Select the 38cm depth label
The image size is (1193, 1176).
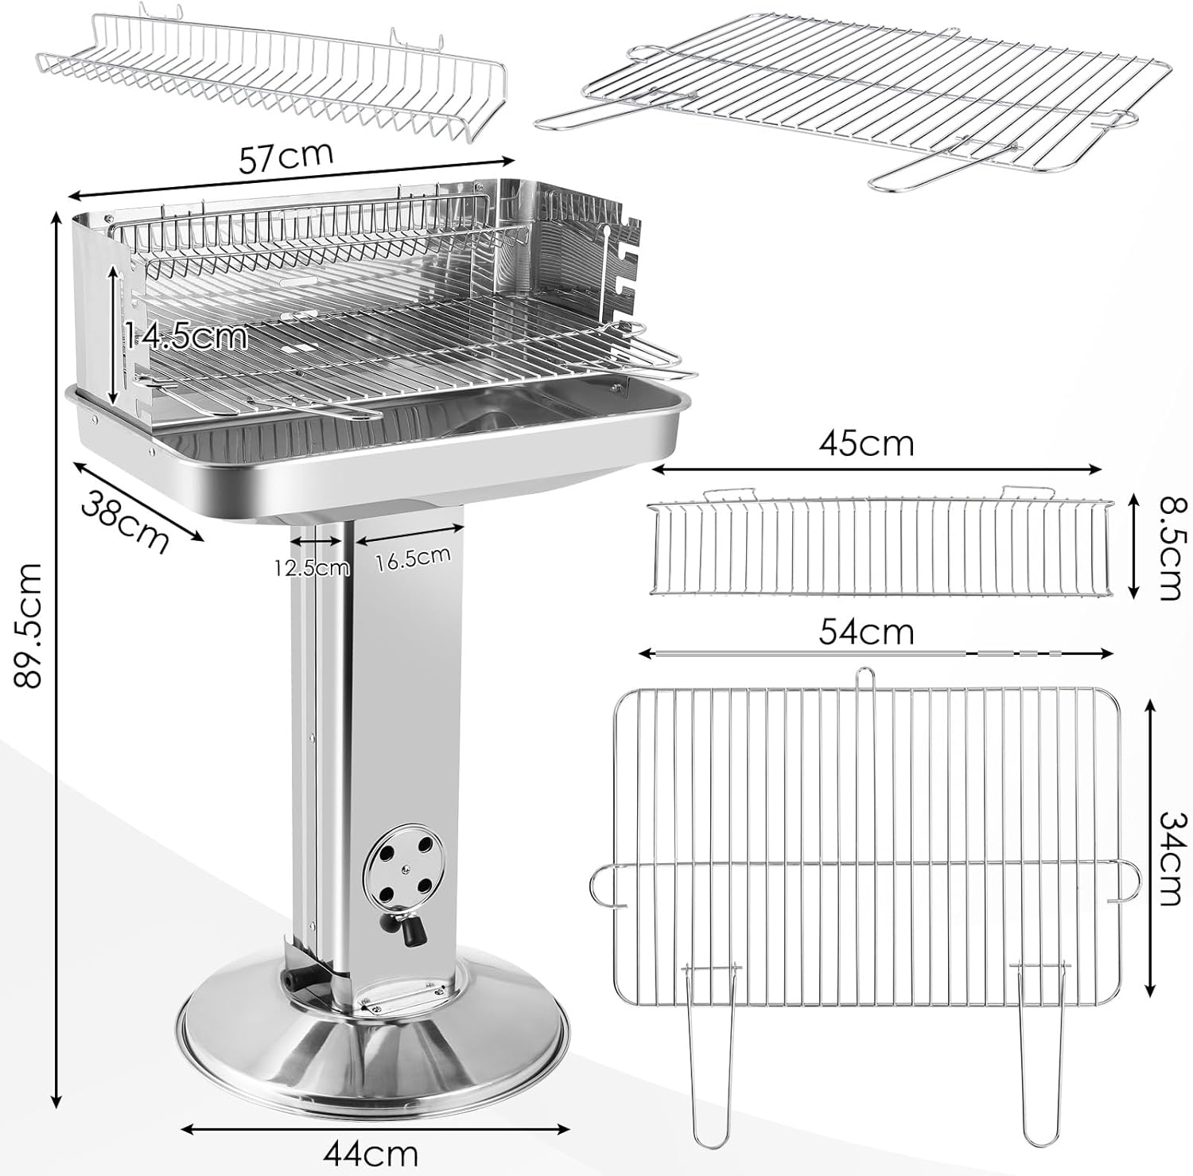click(126, 521)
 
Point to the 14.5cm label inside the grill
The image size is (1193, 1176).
click(185, 337)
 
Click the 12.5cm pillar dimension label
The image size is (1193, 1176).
click(312, 567)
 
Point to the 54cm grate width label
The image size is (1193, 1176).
click(867, 633)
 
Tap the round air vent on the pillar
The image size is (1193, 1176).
click(401, 870)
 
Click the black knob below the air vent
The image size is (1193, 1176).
click(410, 930)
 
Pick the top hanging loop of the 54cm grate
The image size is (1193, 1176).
click(865, 680)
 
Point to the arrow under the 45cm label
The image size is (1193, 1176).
click(875, 469)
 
